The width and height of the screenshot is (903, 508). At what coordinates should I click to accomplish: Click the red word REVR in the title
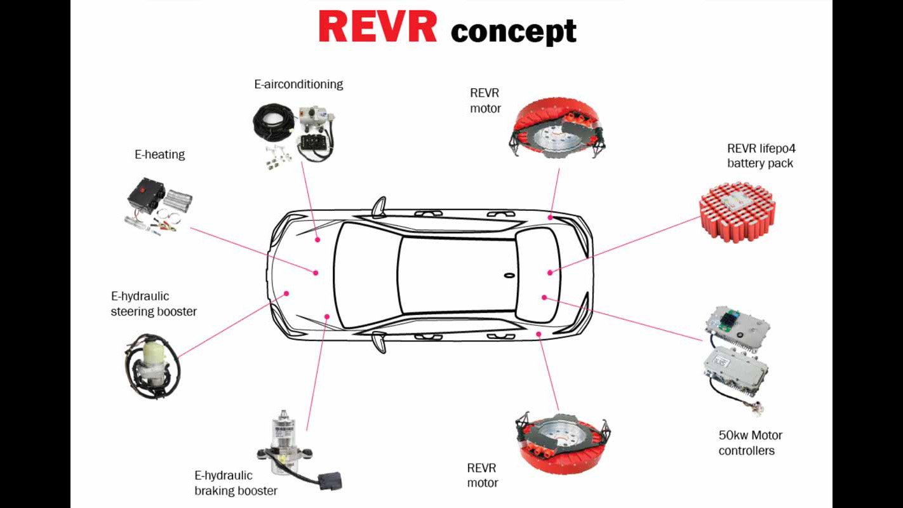coord(377,27)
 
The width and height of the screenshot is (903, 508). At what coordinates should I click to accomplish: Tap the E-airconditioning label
coord(298,84)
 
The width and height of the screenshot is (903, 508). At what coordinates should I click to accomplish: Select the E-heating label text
coord(159,154)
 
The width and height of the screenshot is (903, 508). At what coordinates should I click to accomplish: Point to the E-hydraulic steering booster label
coord(154,304)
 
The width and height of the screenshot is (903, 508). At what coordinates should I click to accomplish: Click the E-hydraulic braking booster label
coord(236,483)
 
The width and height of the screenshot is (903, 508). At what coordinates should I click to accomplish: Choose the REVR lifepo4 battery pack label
coord(761,156)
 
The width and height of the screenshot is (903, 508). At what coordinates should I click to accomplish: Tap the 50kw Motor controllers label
coord(750,443)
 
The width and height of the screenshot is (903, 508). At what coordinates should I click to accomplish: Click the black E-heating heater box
coord(146,193)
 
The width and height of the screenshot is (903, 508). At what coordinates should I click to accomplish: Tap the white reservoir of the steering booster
coord(153,351)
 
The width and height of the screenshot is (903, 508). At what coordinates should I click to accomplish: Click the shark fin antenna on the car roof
coord(509,276)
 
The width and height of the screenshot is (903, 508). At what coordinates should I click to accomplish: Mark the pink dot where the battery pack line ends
coord(550,272)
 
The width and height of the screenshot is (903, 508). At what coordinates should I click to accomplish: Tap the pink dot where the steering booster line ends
coord(286,293)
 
